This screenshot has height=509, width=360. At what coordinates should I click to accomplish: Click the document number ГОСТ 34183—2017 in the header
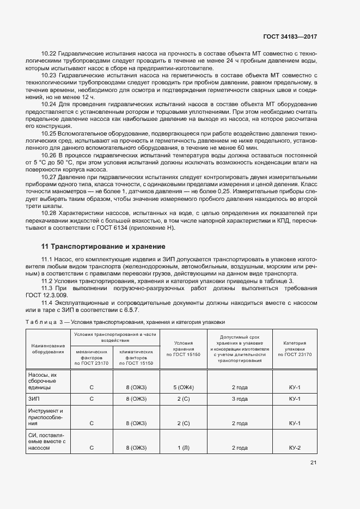pyautogui.click(x=290, y=36)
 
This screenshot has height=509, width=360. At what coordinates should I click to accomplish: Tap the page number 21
pyautogui.click(x=313, y=463)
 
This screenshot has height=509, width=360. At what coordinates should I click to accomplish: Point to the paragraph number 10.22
pyautogui.click(x=49, y=54)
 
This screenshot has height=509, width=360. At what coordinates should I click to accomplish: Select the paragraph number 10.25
pyautogui.click(x=49, y=133)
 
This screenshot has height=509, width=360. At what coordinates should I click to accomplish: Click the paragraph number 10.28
pyautogui.click(x=49, y=213)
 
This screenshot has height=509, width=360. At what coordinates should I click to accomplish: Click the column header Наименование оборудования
pyautogui.click(x=48, y=348)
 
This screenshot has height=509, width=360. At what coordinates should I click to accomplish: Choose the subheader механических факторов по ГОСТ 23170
pyautogui.click(x=91, y=357)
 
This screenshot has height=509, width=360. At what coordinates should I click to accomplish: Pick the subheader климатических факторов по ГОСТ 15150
pyautogui.click(x=136, y=357)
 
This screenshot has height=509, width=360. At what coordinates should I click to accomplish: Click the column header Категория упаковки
pyautogui.click(x=295, y=348)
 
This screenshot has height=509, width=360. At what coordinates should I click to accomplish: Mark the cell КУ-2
pyautogui.click(x=295, y=447)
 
